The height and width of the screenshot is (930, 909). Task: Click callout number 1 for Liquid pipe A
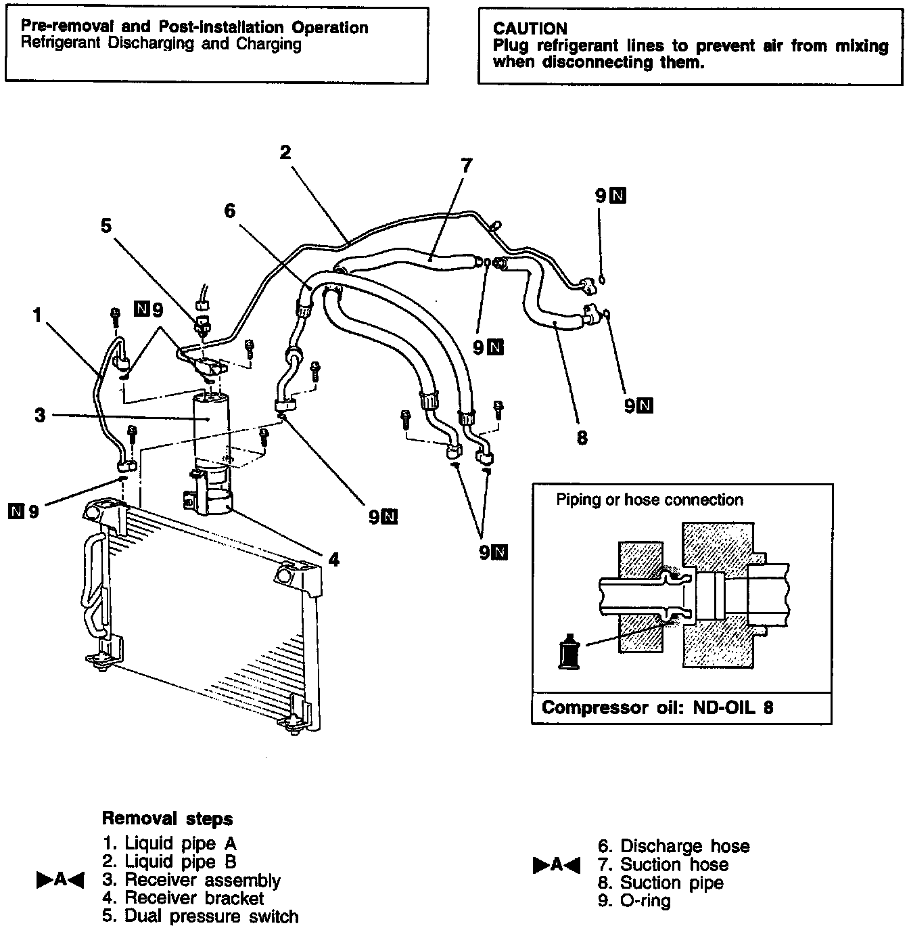click(x=38, y=315)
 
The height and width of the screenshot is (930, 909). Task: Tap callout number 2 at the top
click(x=285, y=152)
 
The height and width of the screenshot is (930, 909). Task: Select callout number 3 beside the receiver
click(x=41, y=415)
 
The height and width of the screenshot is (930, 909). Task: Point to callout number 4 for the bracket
click(x=333, y=560)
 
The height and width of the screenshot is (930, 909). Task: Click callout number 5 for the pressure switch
click(x=106, y=225)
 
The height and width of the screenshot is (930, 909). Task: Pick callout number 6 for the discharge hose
click(x=230, y=211)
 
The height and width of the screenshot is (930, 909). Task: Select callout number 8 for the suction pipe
click(x=582, y=438)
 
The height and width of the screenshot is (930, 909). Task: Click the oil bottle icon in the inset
click(x=569, y=651)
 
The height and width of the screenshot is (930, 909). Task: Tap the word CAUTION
click(x=530, y=28)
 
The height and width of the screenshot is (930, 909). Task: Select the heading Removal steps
click(x=167, y=818)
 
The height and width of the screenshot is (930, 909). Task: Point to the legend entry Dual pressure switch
click(x=211, y=916)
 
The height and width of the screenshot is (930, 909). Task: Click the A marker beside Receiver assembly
click(x=60, y=880)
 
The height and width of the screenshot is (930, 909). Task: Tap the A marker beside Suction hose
click(x=557, y=864)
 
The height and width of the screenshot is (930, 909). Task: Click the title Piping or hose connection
click(x=649, y=500)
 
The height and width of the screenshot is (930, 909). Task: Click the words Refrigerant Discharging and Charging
click(x=161, y=45)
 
